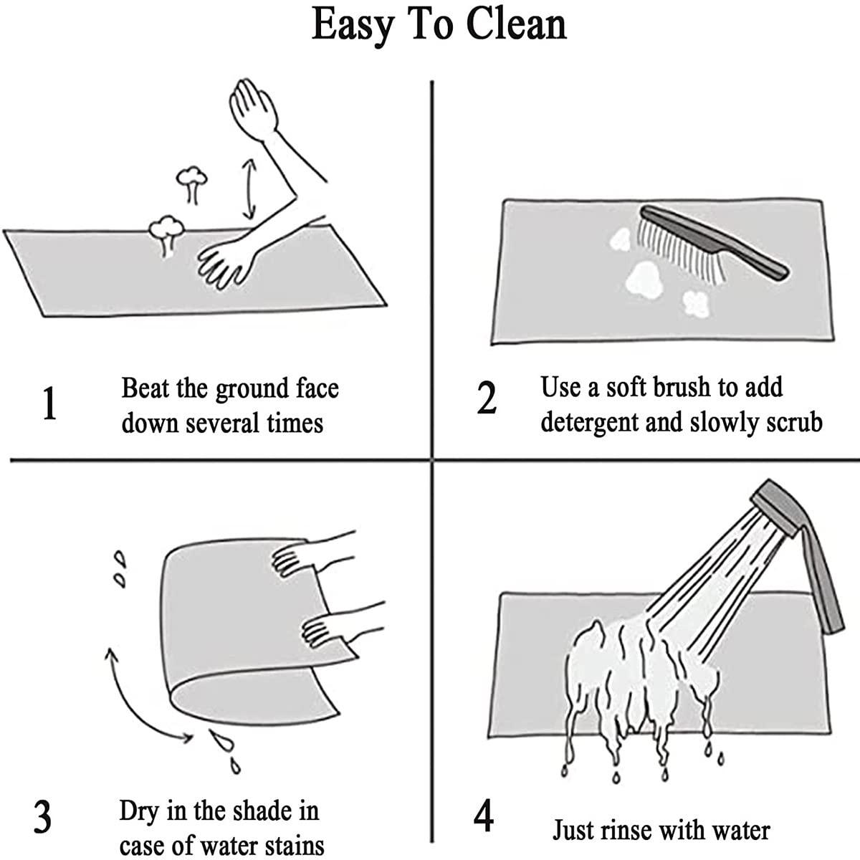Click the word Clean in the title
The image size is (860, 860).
[516, 24]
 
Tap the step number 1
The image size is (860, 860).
[49, 403]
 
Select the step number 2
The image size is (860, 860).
[487, 398]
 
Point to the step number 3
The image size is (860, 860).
[42, 816]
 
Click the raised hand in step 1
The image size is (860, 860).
[252, 106]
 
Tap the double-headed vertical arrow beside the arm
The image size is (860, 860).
[249, 189]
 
